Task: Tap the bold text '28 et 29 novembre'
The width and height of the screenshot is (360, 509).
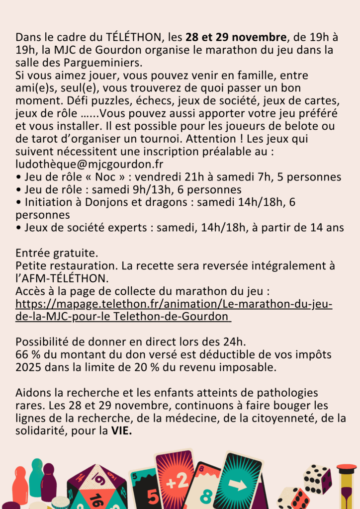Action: (x=236, y=37)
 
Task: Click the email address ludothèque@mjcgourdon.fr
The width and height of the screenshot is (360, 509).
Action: (x=90, y=164)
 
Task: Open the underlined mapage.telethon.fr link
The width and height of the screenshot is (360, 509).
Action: (x=174, y=310)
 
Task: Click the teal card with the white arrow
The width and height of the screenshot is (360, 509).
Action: (x=237, y=482)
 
